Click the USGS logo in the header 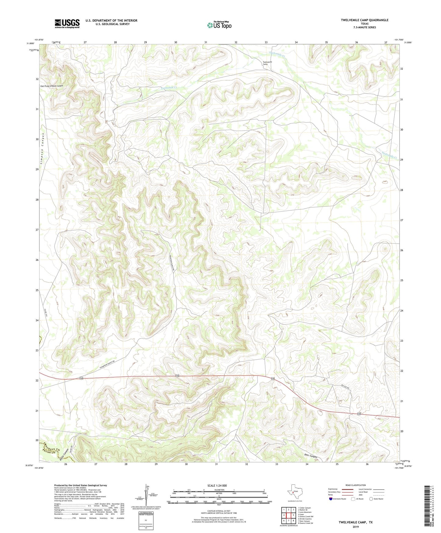tap(67, 23)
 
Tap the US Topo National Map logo tap(219, 25)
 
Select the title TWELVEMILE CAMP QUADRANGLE tap(364, 20)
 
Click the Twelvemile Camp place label tap(267, 63)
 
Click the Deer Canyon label tap(310, 456)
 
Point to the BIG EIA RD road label tap(345, 387)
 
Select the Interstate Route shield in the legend tap(331, 499)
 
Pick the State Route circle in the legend tap(371, 499)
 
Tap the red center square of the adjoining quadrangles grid tap(288, 515)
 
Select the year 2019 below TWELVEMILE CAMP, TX tap(355, 527)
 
